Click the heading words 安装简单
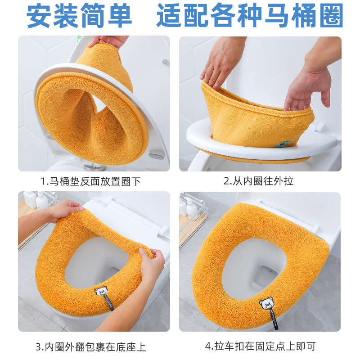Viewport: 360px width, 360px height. point(79,16)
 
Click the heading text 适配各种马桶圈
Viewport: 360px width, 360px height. point(250,16)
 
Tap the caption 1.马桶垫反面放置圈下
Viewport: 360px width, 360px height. point(90,182)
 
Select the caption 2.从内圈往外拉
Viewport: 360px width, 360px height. point(258,181)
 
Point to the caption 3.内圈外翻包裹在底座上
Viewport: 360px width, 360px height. point(91,347)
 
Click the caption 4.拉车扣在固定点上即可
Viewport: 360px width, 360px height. point(261,346)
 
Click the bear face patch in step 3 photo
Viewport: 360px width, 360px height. point(101,291)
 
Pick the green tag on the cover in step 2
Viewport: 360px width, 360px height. point(282,144)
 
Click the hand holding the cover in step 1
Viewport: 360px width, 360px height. point(108,41)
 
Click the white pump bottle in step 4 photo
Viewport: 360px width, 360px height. point(192,208)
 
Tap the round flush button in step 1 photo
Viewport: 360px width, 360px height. point(165,62)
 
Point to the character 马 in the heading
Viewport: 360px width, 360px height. point(277,16)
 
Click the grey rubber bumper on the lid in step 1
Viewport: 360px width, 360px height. point(157,156)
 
